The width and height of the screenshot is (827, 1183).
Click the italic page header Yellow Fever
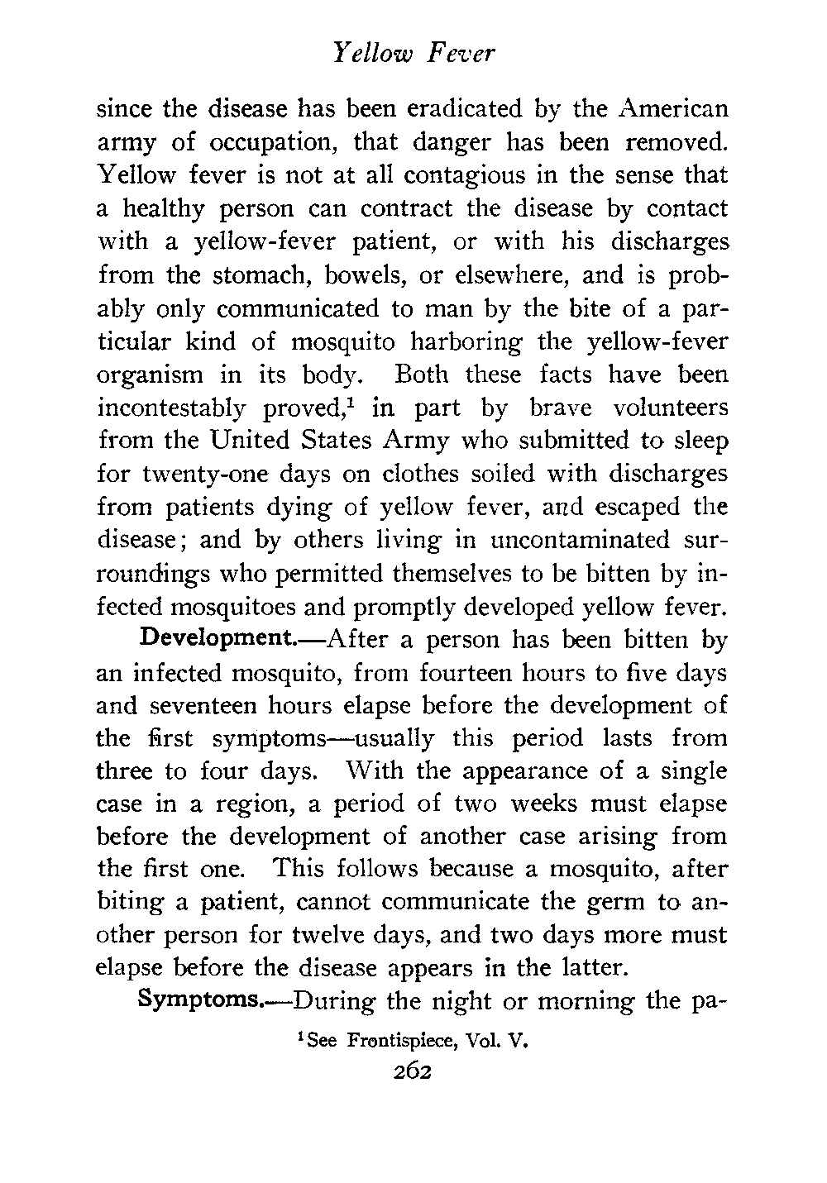point(413,54)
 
